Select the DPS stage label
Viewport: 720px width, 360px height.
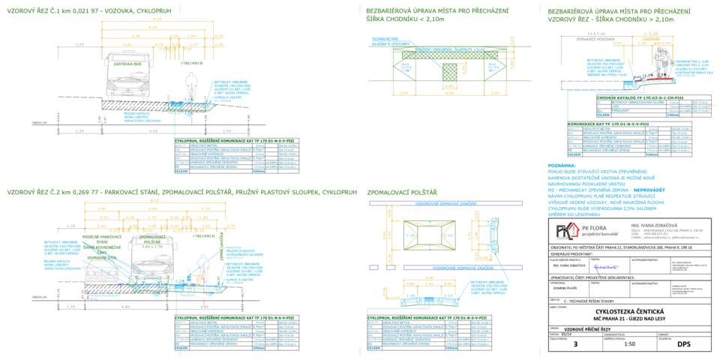tap(683, 345)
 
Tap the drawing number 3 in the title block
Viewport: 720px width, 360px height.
tap(575, 345)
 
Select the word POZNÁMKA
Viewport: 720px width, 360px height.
tap(562, 165)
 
